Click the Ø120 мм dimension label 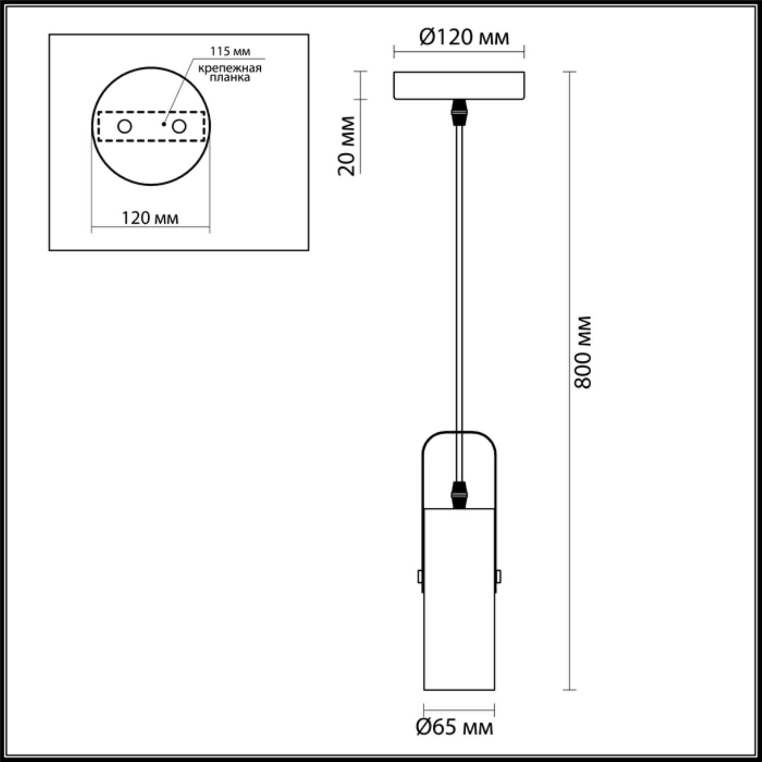(464, 38)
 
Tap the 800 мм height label (583, 352)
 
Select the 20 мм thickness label (346, 145)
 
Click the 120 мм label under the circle (150, 218)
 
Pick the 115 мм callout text (230, 51)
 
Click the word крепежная (230, 68)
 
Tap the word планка (230, 77)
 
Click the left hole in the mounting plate (124, 127)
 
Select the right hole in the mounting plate (179, 127)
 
